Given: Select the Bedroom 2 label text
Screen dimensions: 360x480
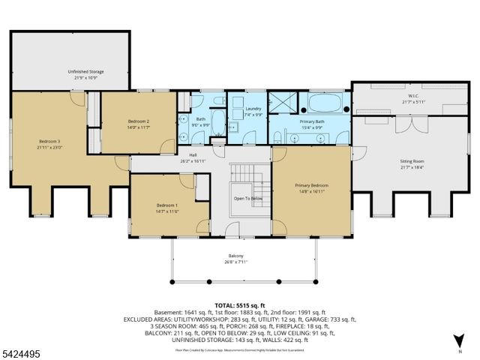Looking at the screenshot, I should [138, 121].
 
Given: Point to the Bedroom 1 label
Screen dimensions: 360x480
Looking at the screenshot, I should [166, 205].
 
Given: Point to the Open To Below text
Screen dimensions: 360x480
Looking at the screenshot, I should [247, 199].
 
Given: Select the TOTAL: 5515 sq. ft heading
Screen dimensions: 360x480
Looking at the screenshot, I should [240, 304].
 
